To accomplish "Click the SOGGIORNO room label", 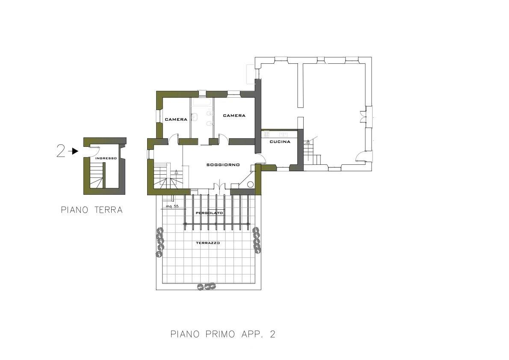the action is pos(223,165).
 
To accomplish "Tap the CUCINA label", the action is pos(280,142).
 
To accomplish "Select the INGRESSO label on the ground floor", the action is pos(106,158).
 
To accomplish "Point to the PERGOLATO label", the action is pos(210,213).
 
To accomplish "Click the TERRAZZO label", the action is pos(208,243).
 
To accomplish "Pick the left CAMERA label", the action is pos(176,119).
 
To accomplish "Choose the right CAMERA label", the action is pos(234,115).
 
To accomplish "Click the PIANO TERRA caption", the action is pos(92,210).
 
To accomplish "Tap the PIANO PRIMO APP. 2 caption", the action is pos(223,334).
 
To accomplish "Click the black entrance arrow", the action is pos(75,151).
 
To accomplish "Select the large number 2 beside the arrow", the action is pos(61,151).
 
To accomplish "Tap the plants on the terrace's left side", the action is pos(160,242).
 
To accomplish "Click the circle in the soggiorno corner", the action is pos(250,184).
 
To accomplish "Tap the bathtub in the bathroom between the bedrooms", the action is pos(202,102).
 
